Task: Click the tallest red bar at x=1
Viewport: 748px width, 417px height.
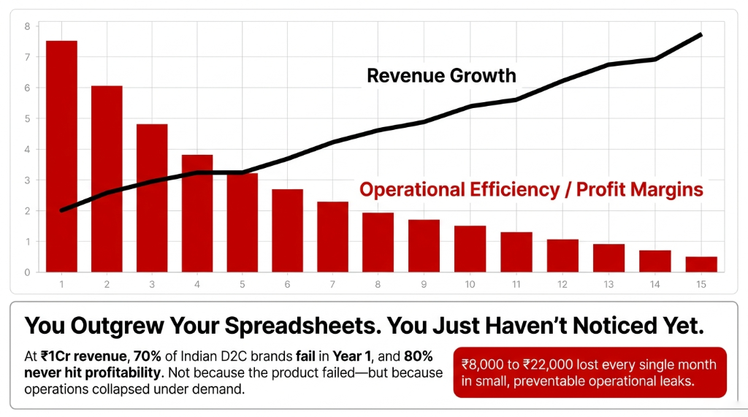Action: click(61, 156)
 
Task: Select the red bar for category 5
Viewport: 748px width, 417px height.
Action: click(243, 223)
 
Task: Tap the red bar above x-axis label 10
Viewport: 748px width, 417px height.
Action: click(470, 249)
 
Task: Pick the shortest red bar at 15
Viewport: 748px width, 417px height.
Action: click(701, 264)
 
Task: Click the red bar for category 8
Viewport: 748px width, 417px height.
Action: click(378, 242)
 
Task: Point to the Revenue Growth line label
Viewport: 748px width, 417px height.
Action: click(441, 76)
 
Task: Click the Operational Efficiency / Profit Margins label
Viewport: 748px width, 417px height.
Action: click(531, 190)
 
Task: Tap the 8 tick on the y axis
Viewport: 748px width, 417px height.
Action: click(27, 26)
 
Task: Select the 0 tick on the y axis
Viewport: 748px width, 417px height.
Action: click(27, 272)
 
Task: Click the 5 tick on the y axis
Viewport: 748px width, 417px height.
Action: click(27, 118)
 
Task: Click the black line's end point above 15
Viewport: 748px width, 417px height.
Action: click(701, 34)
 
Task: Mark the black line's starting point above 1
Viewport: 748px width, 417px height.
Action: click(61, 210)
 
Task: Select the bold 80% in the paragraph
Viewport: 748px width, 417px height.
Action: click(419, 357)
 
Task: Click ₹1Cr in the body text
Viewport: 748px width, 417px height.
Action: click(56, 357)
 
